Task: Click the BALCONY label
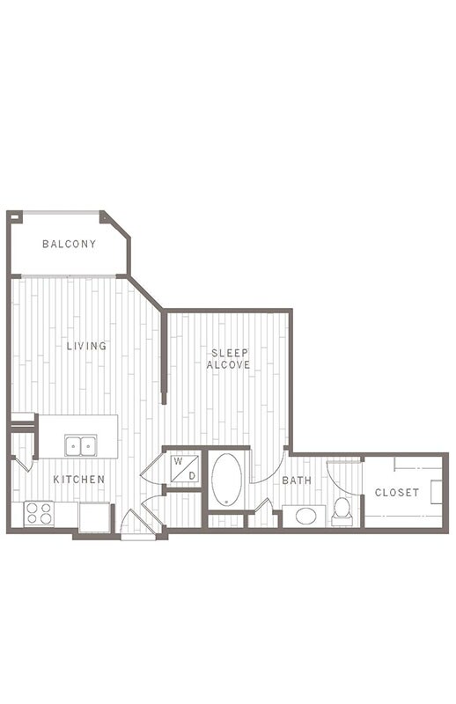(70, 244)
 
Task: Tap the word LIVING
(86, 346)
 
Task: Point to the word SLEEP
(229, 354)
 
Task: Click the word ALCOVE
(228, 365)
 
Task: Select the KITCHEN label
(79, 480)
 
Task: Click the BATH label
(297, 480)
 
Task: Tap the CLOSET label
(397, 493)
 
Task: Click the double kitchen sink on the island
(80, 445)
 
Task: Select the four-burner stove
(39, 514)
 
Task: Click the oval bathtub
(226, 480)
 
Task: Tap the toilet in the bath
(342, 512)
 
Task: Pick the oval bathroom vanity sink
(305, 517)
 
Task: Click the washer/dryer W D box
(185, 469)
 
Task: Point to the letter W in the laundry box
(178, 461)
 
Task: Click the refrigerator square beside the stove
(94, 517)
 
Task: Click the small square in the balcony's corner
(15, 216)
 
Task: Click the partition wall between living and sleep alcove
(164, 357)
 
